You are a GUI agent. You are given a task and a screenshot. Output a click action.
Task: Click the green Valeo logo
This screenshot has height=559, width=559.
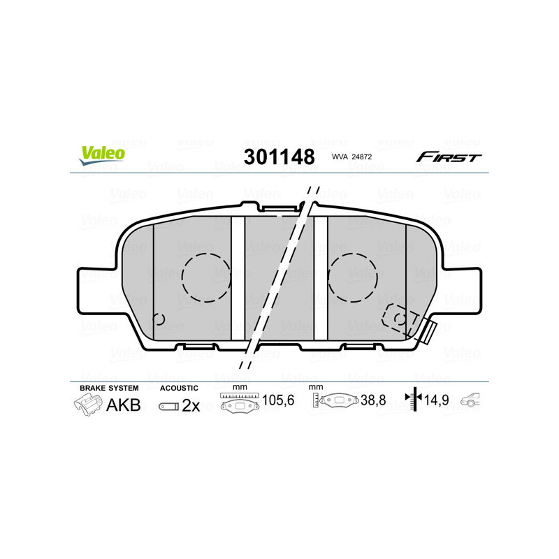click(x=102, y=155)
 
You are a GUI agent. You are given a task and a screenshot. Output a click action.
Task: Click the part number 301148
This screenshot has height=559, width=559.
click(x=279, y=156)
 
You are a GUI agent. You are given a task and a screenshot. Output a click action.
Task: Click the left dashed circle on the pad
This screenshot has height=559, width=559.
click(x=206, y=277)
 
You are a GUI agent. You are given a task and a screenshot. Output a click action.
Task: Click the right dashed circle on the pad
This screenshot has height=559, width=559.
click(x=354, y=277)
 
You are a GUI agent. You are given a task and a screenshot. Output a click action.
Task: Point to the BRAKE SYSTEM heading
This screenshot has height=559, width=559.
click(x=109, y=388)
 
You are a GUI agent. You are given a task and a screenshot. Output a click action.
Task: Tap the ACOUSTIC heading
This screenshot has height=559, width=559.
click(x=180, y=388)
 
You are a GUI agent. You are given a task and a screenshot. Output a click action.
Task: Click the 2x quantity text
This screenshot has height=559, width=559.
click(x=191, y=405)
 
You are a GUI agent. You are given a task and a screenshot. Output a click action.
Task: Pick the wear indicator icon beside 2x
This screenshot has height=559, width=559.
click(x=168, y=406)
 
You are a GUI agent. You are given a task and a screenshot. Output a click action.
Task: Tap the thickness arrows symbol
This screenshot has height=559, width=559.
click(x=415, y=400)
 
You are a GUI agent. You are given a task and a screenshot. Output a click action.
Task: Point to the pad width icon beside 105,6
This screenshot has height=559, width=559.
click(x=239, y=402)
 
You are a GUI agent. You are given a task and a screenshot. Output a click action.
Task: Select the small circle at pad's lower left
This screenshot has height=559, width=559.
click(x=159, y=320)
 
